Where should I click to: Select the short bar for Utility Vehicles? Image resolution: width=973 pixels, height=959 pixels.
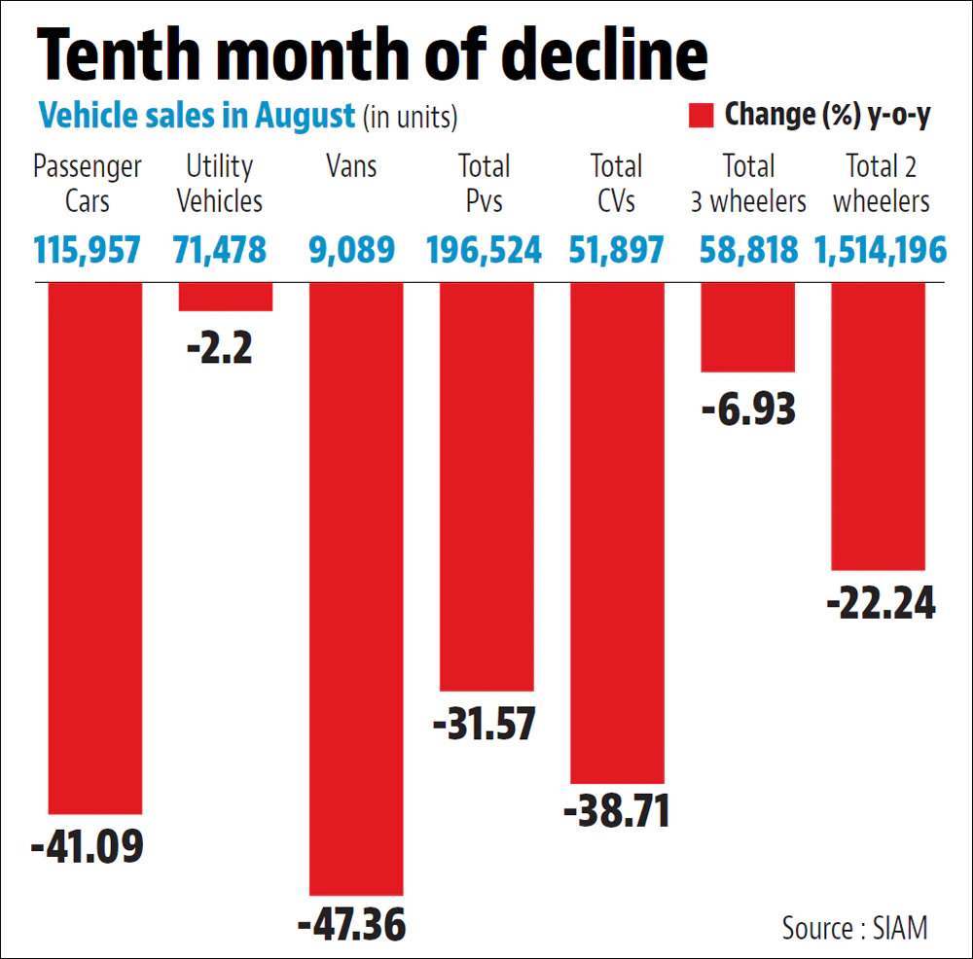click(x=225, y=297)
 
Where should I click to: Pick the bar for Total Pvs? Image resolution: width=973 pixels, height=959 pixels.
click(x=486, y=486)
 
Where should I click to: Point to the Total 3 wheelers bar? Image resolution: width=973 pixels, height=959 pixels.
click(x=747, y=327)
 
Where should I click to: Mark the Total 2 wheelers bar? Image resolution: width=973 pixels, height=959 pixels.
click(x=878, y=426)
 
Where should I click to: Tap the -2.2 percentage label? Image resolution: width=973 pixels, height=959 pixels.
click(x=219, y=346)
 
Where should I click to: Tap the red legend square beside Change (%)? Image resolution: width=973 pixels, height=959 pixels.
click(x=702, y=116)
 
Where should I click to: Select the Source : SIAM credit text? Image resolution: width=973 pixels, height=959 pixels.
click(x=854, y=927)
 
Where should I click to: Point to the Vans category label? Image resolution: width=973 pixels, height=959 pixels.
click(x=352, y=167)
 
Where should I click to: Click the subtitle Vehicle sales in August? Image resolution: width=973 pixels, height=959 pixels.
click(x=197, y=117)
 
